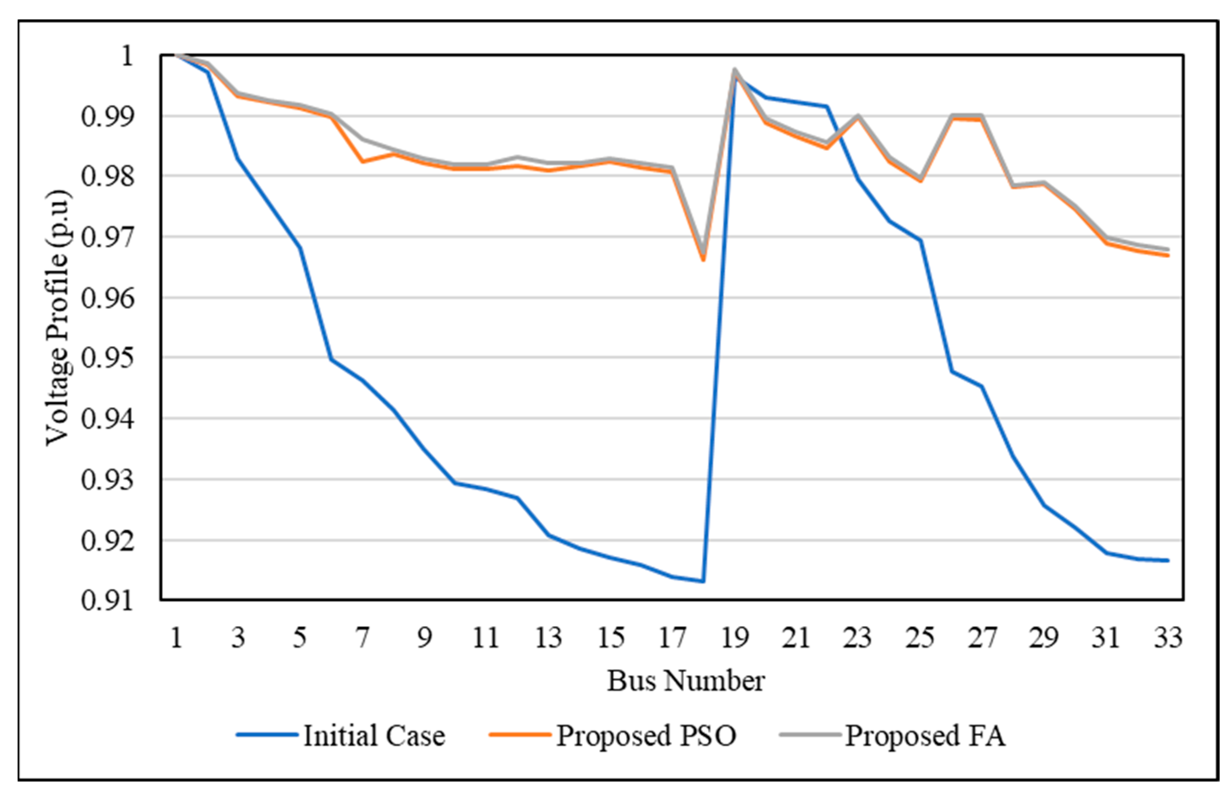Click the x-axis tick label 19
click(x=734, y=638)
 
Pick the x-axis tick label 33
click(x=1168, y=638)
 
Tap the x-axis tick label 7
click(x=363, y=638)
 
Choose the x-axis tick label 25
click(x=920, y=638)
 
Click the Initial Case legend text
click(x=374, y=735)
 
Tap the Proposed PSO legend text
click(x=646, y=735)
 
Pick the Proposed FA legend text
click(x=925, y=735)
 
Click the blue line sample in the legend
click(x=267, y=735)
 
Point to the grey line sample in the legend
click(x=811, y=735)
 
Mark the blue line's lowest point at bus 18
click(x=703, y=582)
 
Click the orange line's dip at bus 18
click(x=703, y=260)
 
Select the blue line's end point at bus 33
click(x=1168, y=560)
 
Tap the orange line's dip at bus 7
click(x=363, y=162)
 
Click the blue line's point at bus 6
click(x=332, y=359)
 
